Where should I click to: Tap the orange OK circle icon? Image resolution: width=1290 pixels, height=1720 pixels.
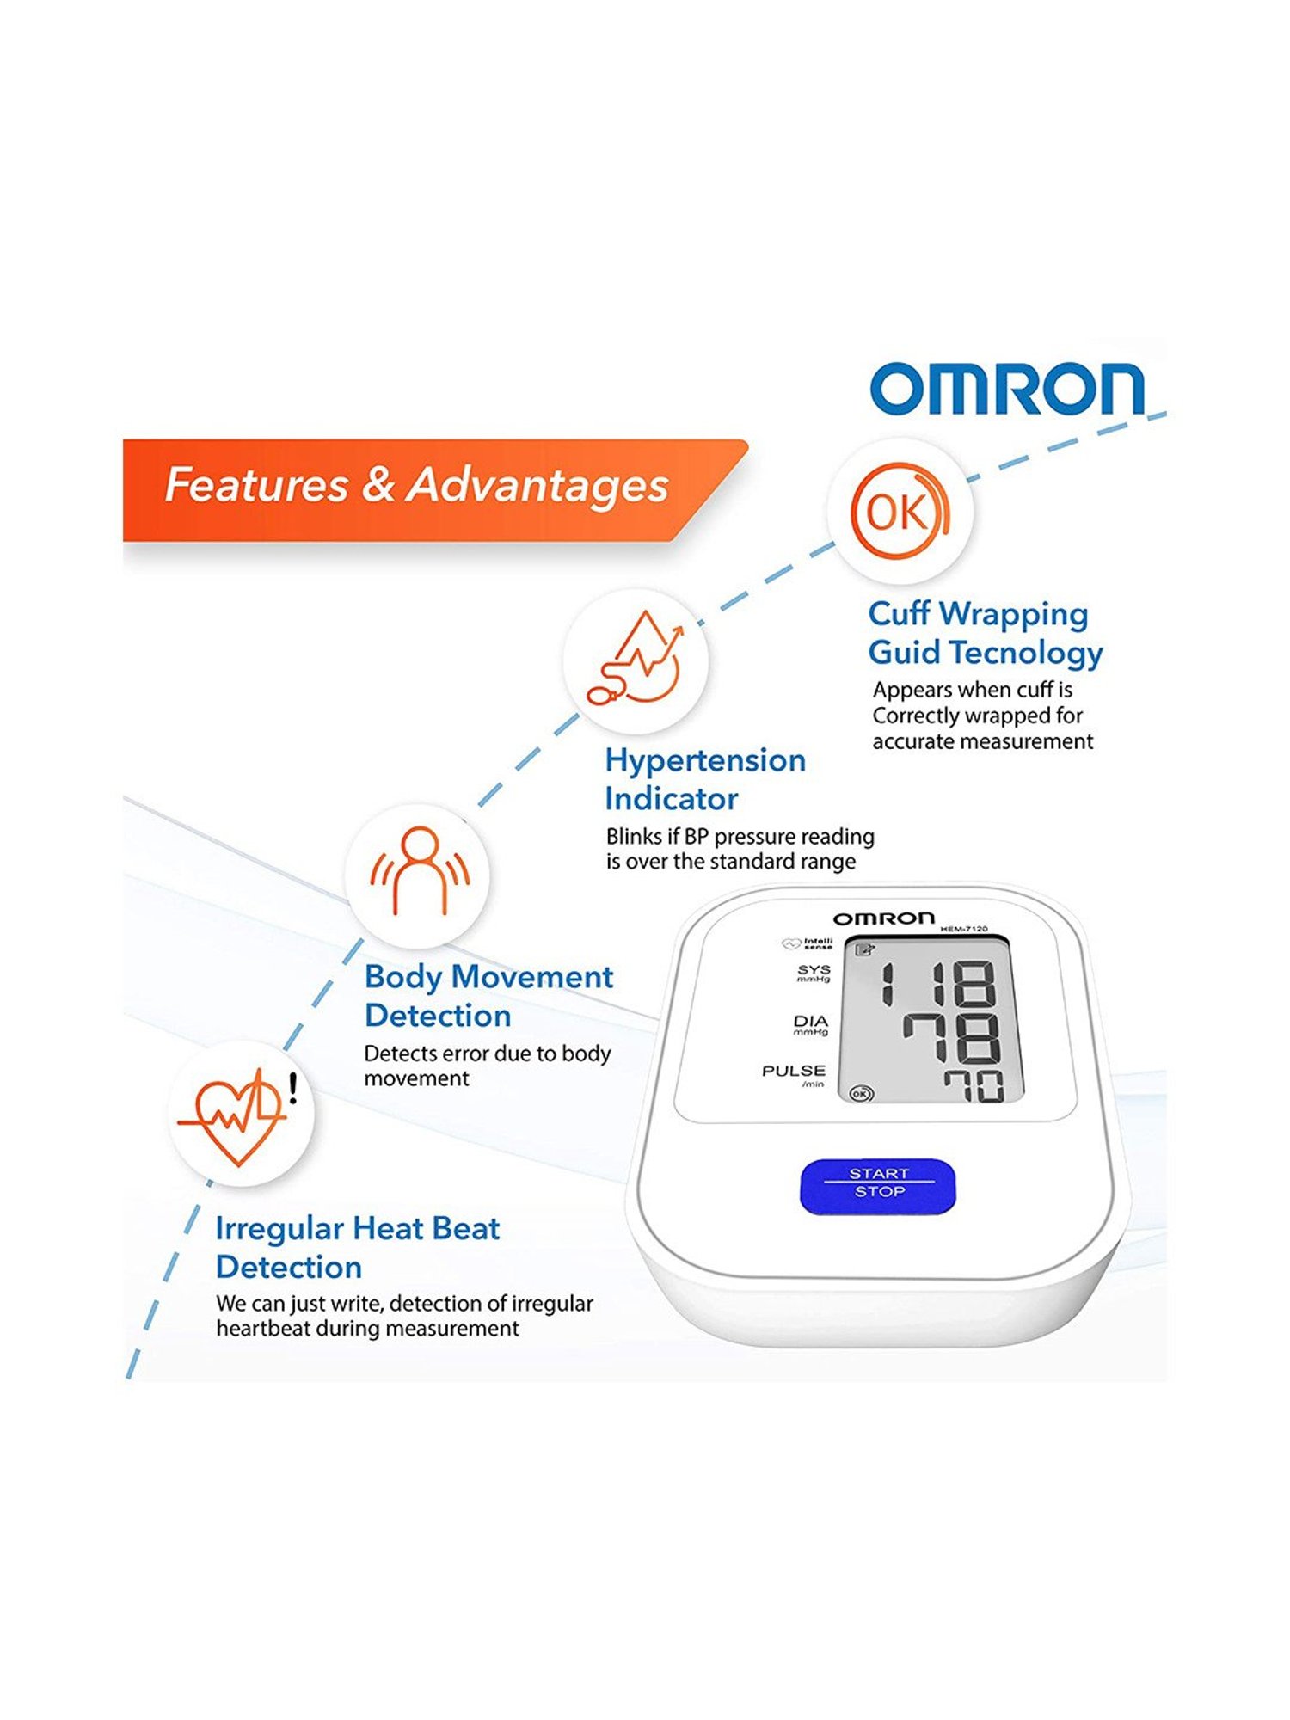[900, 511]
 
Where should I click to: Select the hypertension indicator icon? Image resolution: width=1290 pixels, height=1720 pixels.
[636, 658]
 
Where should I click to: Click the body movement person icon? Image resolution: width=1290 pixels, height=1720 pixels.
[420, 870]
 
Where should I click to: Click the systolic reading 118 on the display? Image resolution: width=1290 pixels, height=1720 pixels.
[937, 984]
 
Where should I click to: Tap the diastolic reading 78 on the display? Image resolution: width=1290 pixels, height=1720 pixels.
[952, 1038]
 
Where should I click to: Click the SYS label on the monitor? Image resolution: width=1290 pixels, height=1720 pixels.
[814, 969]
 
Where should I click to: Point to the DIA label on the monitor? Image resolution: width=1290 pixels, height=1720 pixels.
[811, 1021]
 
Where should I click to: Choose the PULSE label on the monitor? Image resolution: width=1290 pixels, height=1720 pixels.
[794, 1071]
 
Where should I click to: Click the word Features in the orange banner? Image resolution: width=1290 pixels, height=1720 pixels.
[256, 484]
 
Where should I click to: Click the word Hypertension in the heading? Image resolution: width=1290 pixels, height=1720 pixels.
[705, 761]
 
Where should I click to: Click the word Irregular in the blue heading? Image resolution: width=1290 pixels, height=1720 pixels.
[279, 1229]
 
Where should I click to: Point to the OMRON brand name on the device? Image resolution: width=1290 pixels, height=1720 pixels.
[883, 918]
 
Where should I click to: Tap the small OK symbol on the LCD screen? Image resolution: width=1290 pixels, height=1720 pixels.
[861, 1093]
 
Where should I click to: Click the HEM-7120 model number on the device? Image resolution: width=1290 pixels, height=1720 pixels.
[964, 929]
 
